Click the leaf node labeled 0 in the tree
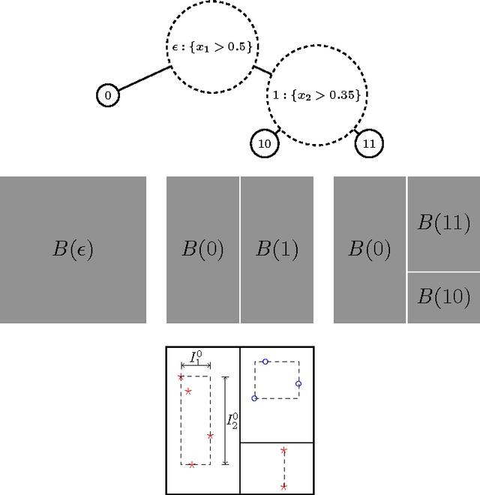coord(108,95)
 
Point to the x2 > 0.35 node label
coord(323,95)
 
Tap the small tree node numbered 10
coord(264,143)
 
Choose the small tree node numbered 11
coord(368,142)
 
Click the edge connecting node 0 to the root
coord(145,81)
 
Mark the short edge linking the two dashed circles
coord(262,71)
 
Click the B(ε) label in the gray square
coord(73,249)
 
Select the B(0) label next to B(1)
coord(202,249)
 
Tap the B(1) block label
coord(277,249)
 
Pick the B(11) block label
coord(444,222)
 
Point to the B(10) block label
coord(444,296)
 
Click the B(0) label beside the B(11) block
coord(370,249)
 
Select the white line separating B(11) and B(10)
coord(443,271)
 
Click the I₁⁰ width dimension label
coord(195,358)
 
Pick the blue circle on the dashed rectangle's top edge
coord(265,361)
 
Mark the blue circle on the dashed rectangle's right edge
coord(298,384)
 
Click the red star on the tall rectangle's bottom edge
coord(192,465)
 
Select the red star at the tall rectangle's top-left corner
coord(181,377)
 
